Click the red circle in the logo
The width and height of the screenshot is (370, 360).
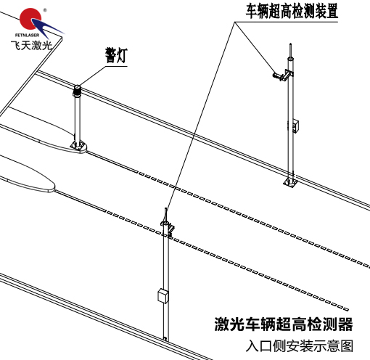30,18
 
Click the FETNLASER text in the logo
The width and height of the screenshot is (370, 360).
27,35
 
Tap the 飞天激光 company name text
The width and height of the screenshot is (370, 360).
31,45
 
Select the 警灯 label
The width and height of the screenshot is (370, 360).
116,55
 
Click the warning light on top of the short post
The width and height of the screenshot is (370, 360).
77,91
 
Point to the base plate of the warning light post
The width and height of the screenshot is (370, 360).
78,146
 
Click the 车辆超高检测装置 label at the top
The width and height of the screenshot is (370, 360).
292,11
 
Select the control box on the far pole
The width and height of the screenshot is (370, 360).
295,126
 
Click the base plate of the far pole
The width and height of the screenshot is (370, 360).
290,182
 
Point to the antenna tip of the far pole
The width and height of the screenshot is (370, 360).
290,44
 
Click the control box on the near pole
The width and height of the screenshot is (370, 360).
163,295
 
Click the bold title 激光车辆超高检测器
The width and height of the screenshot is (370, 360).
284,324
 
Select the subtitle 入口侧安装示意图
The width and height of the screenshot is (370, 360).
300,346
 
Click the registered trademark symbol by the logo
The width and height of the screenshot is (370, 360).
45,10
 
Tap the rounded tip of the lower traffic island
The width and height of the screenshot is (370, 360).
53,187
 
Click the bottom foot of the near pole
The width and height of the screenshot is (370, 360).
165,339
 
